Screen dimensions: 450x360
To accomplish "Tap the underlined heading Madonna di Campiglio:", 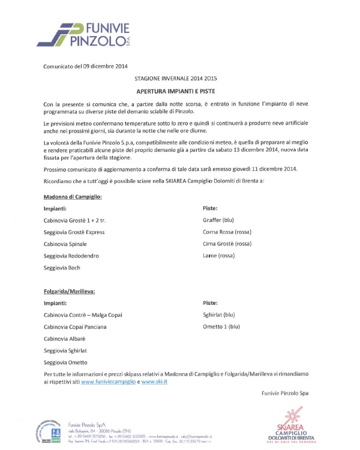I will coord(73,196).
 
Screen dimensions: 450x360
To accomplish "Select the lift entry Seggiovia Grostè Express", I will coord(74,232).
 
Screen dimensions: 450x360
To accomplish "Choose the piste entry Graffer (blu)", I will coord(218,220).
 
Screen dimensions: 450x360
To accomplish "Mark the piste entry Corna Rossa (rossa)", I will coord(226,232).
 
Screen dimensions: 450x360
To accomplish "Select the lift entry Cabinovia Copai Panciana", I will coord(75,326).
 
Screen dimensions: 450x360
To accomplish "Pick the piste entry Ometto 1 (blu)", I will coord(221,326).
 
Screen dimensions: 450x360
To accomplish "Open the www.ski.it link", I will coord(154,382).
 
